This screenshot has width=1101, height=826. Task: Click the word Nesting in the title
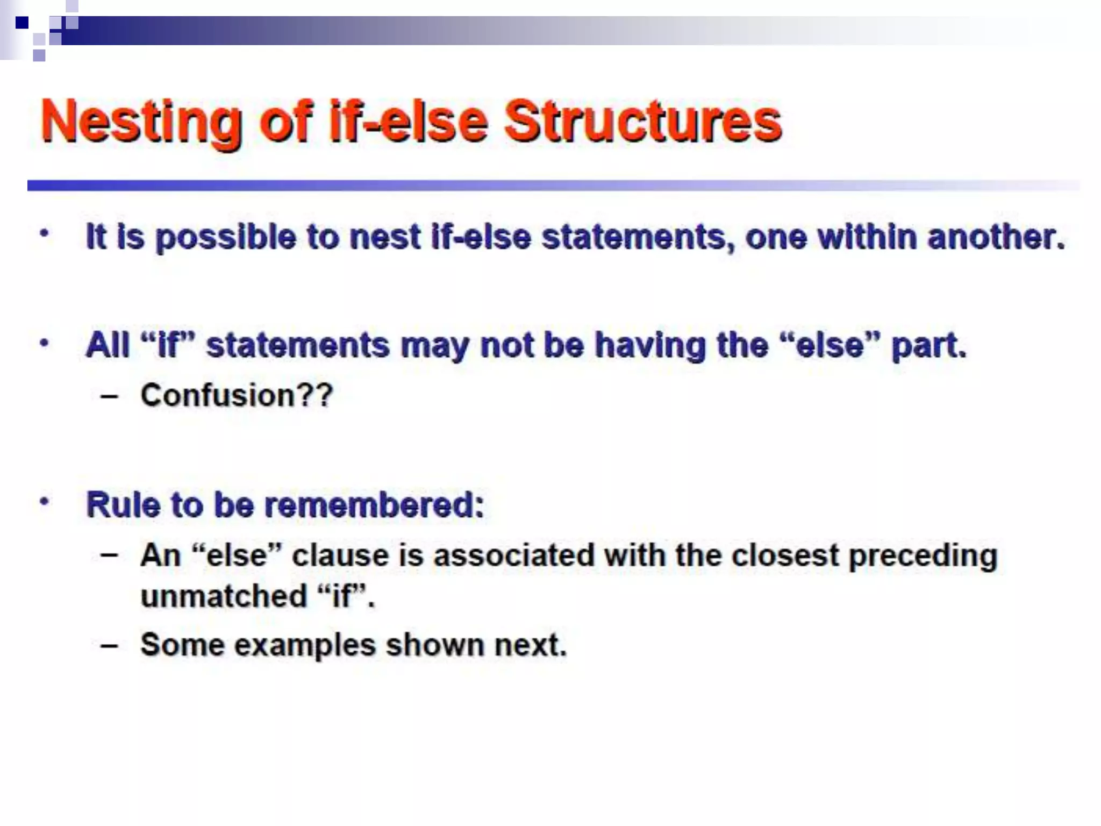[x=141, y=123]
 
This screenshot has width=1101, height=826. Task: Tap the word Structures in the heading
[x=642, y=122]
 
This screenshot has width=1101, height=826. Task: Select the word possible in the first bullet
[x=226, y=238]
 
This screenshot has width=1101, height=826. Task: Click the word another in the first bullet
[x=996, y=237]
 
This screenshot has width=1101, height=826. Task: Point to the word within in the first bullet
[x=867, y=237]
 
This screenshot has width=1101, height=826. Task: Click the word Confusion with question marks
[x=237, y=396]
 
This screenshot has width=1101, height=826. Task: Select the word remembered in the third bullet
[x=374, y=505]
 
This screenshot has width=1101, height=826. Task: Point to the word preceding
[x=923, y=556]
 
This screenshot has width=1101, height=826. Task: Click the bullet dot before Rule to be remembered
[x=45, y=501]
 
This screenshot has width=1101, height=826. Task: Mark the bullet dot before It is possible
[x=45, y=234]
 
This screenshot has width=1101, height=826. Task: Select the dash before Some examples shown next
[x=109, y=646]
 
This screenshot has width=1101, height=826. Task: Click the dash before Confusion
[x=109, y=397]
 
